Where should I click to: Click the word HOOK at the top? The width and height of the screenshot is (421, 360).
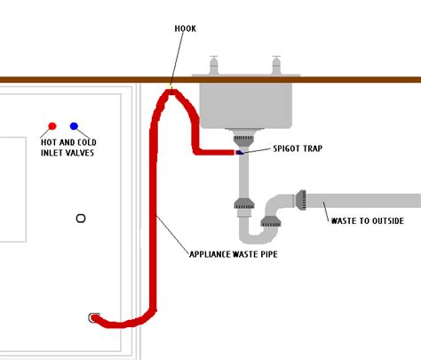click(186, 28)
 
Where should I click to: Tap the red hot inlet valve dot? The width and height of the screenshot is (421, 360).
click(52, 126)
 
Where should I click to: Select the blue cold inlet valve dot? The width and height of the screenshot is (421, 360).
click(74, 126)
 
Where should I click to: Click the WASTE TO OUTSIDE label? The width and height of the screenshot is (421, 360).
click(367, 220)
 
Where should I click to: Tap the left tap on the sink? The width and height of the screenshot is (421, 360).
click(213, 66)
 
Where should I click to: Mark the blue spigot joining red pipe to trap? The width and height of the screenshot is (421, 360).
click(238, 153)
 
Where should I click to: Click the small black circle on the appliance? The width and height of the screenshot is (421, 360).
click(82, 218)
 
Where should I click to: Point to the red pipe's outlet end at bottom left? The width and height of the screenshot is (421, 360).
click(93, 317)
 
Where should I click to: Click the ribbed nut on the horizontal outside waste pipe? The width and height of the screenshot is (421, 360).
click(301, 200)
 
